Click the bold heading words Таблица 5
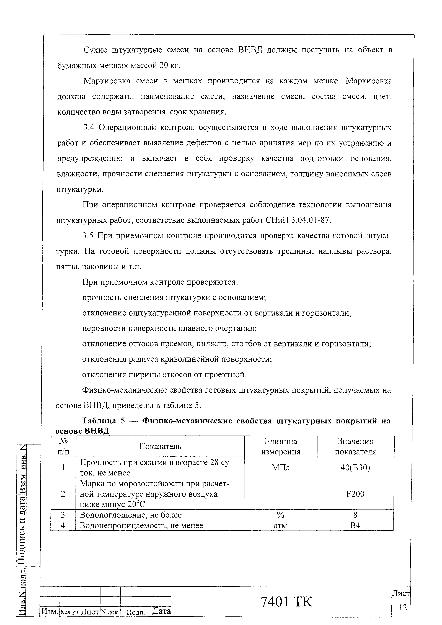(104, 421)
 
